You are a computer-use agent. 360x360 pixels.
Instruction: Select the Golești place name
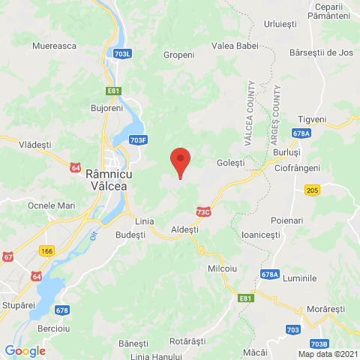(x=230, y=162)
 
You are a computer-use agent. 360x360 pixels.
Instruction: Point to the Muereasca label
(x=55, y=46)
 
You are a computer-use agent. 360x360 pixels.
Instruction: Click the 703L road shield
(x=123, y=55)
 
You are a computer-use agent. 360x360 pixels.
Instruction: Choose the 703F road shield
(x=138, y=139)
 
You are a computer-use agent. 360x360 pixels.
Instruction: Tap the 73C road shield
(x=203, y=212)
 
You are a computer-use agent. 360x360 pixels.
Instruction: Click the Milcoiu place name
(x=222, y=268)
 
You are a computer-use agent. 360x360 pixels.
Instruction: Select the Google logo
(x=25, y=350)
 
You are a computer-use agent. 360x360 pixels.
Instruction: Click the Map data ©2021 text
(x=326, y=354)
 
